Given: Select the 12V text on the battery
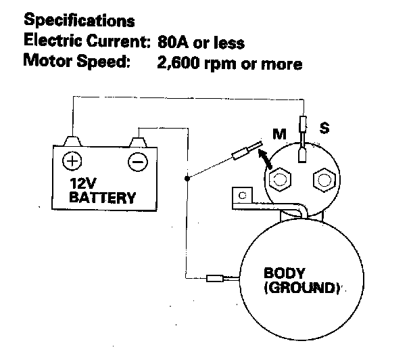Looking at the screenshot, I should (x=84, y=184).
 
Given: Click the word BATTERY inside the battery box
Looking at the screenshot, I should (x=102, y=198).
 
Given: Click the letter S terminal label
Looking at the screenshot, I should (x=324, y=127).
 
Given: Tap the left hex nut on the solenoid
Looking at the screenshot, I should (x=279, y=180).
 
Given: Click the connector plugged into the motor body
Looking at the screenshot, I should (x=216, y=277).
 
